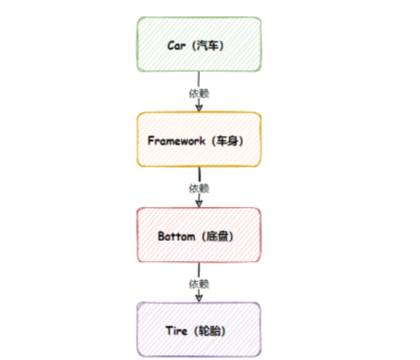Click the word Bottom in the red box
click(x=177, y=236)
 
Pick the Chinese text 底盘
click(x=219, y=236)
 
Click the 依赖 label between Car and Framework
click(x=199, y=92)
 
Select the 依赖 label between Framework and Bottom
click(x=199, y=188)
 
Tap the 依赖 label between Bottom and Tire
click(x=199, y=284)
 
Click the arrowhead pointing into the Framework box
click(x=199, y=107)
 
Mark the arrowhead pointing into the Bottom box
click(x=199, y=203)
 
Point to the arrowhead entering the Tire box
click(x=199, y=298)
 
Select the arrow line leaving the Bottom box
click(x=199, y=270)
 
